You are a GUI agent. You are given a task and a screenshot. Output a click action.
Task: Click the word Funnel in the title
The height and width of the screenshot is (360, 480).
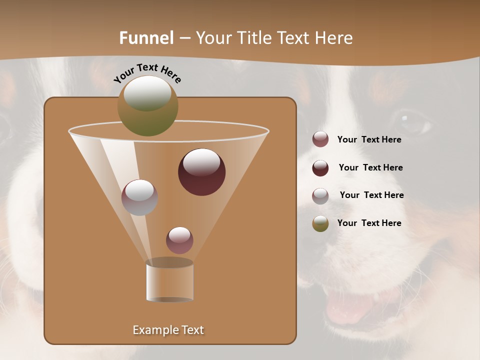click(146, 38)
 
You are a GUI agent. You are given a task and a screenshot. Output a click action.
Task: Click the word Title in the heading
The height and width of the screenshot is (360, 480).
click(254, 38)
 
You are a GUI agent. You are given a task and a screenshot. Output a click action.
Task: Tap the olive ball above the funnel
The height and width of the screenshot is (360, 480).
click(147, 105)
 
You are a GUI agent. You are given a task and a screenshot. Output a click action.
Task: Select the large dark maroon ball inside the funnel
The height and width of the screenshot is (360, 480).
click(201, 171)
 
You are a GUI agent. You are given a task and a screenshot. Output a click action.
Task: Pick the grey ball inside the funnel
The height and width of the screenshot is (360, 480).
click(139, 197)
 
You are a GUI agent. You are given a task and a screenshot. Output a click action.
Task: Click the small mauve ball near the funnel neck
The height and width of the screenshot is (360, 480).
click(179, 240)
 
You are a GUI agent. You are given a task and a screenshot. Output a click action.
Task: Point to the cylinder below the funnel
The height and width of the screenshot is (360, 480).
click(169, 280)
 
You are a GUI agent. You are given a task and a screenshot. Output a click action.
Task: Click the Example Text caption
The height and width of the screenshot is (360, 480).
click(168, 330)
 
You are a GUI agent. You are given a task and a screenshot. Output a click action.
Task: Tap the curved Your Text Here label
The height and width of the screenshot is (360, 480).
click(147, 73)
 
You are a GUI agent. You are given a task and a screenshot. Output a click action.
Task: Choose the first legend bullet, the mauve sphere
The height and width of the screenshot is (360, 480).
click(320, 139)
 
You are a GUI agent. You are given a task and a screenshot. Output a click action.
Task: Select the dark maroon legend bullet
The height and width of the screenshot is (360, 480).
click(320, 168)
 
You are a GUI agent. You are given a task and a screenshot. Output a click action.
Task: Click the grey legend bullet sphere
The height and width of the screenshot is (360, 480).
click(320, 195)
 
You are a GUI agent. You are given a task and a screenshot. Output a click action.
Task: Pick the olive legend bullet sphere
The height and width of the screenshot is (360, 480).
click(320, 223)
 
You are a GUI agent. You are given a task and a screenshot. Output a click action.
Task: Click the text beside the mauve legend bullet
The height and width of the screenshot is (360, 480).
click(369, 140)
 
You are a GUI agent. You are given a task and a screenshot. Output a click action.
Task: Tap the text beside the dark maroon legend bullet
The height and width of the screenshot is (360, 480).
click(370, 168)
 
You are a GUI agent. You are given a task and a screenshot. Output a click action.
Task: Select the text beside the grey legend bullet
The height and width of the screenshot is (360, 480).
click(371, 195)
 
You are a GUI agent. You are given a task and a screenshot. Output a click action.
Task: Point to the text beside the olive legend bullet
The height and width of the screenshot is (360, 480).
click(369, 223)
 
